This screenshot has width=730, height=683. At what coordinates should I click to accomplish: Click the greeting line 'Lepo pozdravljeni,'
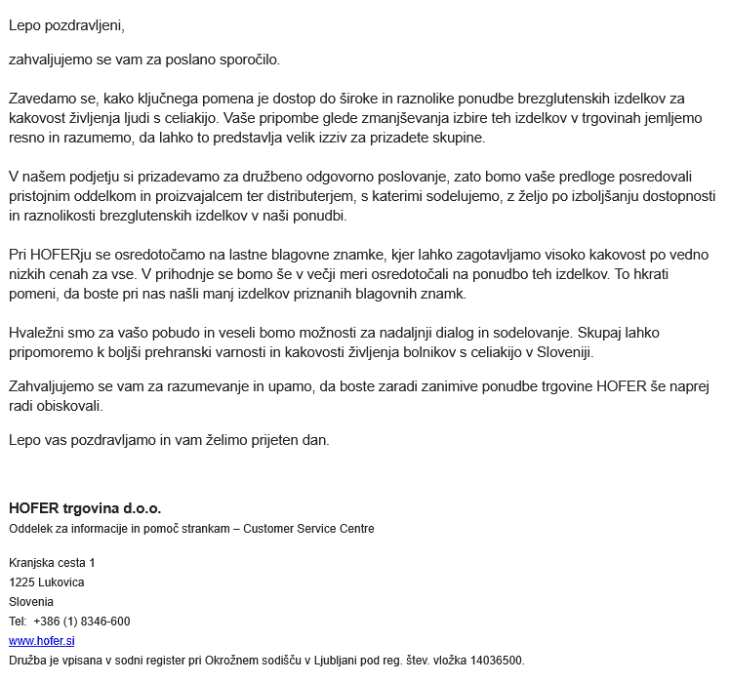[x=66, y=25]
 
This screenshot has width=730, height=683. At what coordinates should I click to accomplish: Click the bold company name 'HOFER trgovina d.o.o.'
[x=85, y=508]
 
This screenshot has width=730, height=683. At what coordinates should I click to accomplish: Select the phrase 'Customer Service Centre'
[x=308, y=529]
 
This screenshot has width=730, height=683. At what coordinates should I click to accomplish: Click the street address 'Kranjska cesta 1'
[x=52, y=563]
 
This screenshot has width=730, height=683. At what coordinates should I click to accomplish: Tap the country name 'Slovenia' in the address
[x=31, y=602]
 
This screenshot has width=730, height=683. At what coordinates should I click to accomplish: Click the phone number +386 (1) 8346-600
[x=82, y=622]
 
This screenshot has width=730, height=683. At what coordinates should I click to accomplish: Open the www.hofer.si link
[x=42, y=641]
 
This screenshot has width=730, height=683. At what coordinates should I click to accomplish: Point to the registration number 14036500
[x=497, y=661]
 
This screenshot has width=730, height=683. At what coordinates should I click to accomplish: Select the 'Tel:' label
[x=19, y=622]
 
